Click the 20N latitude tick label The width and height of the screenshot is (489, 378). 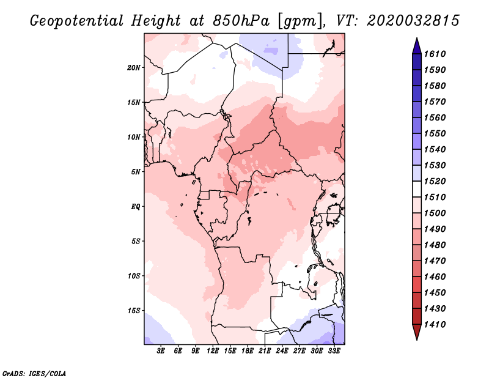[134, 68]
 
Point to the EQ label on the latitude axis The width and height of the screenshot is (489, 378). [136, 207]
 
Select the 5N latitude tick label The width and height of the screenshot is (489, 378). [136, 172]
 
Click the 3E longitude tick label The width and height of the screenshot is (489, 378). [161, 350]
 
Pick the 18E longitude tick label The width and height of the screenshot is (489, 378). [248, 350]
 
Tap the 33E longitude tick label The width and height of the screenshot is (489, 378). [334, 350]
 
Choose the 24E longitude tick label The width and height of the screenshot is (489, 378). [282, 350]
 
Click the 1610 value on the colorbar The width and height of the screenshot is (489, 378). [435, 54]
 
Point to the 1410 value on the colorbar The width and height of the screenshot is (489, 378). [435, 325]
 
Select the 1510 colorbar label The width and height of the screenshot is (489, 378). [435, 198]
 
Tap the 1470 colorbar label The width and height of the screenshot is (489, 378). [435, 261]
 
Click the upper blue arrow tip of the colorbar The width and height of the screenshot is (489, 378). [417, 38]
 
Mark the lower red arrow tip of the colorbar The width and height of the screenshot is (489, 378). [417, 340]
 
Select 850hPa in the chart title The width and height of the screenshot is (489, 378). [241, 21]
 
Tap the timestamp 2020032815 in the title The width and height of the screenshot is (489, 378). [413, 21]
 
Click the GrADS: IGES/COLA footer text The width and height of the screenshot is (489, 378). [34, 373]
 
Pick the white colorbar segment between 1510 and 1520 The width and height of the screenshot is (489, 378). [417, 189]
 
